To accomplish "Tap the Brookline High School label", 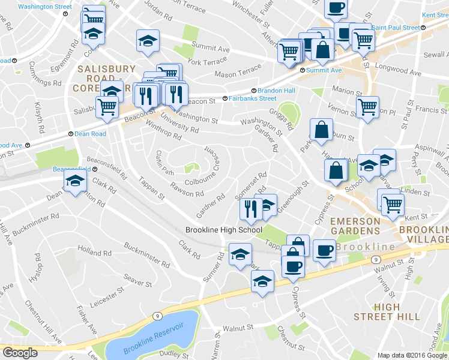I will [x=223, y=230].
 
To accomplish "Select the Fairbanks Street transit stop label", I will [x=250, y=98].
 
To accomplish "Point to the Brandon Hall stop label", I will [x=276, y=90].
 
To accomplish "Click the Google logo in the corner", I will [x=19, y=353].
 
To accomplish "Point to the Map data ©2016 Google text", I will [x=412, y=355].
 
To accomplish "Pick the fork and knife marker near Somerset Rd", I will [x=250, y=208].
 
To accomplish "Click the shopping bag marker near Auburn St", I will [x=322, y=130].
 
